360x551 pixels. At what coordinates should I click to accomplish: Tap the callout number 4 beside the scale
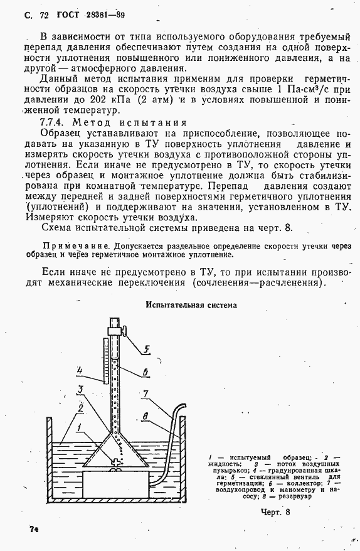coord(80,370)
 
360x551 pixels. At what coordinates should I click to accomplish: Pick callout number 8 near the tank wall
coord(144,415)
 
